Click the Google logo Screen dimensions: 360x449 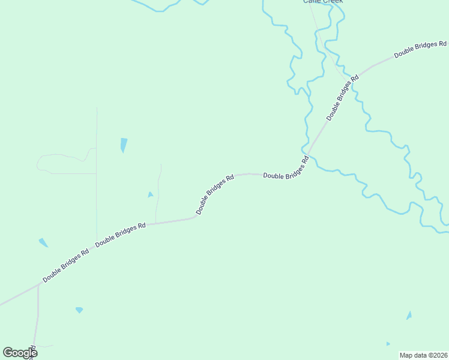point(20,353)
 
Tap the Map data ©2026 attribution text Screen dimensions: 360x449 point(423,355)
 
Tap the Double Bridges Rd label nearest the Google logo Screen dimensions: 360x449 point(65,266)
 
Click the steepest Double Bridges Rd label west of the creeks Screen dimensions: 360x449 point(214,195)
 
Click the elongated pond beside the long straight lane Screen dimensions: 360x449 point(124,145)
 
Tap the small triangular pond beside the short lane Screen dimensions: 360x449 point(150,194)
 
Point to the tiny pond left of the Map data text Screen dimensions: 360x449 point(388,344)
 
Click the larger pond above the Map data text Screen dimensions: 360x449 point(409,316)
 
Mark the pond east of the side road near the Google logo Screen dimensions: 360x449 point(79,310)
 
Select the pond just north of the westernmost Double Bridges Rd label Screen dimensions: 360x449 point(43,242)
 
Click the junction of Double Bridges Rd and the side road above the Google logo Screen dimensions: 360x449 point(38,286)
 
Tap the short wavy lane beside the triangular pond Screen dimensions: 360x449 point(158,192)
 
